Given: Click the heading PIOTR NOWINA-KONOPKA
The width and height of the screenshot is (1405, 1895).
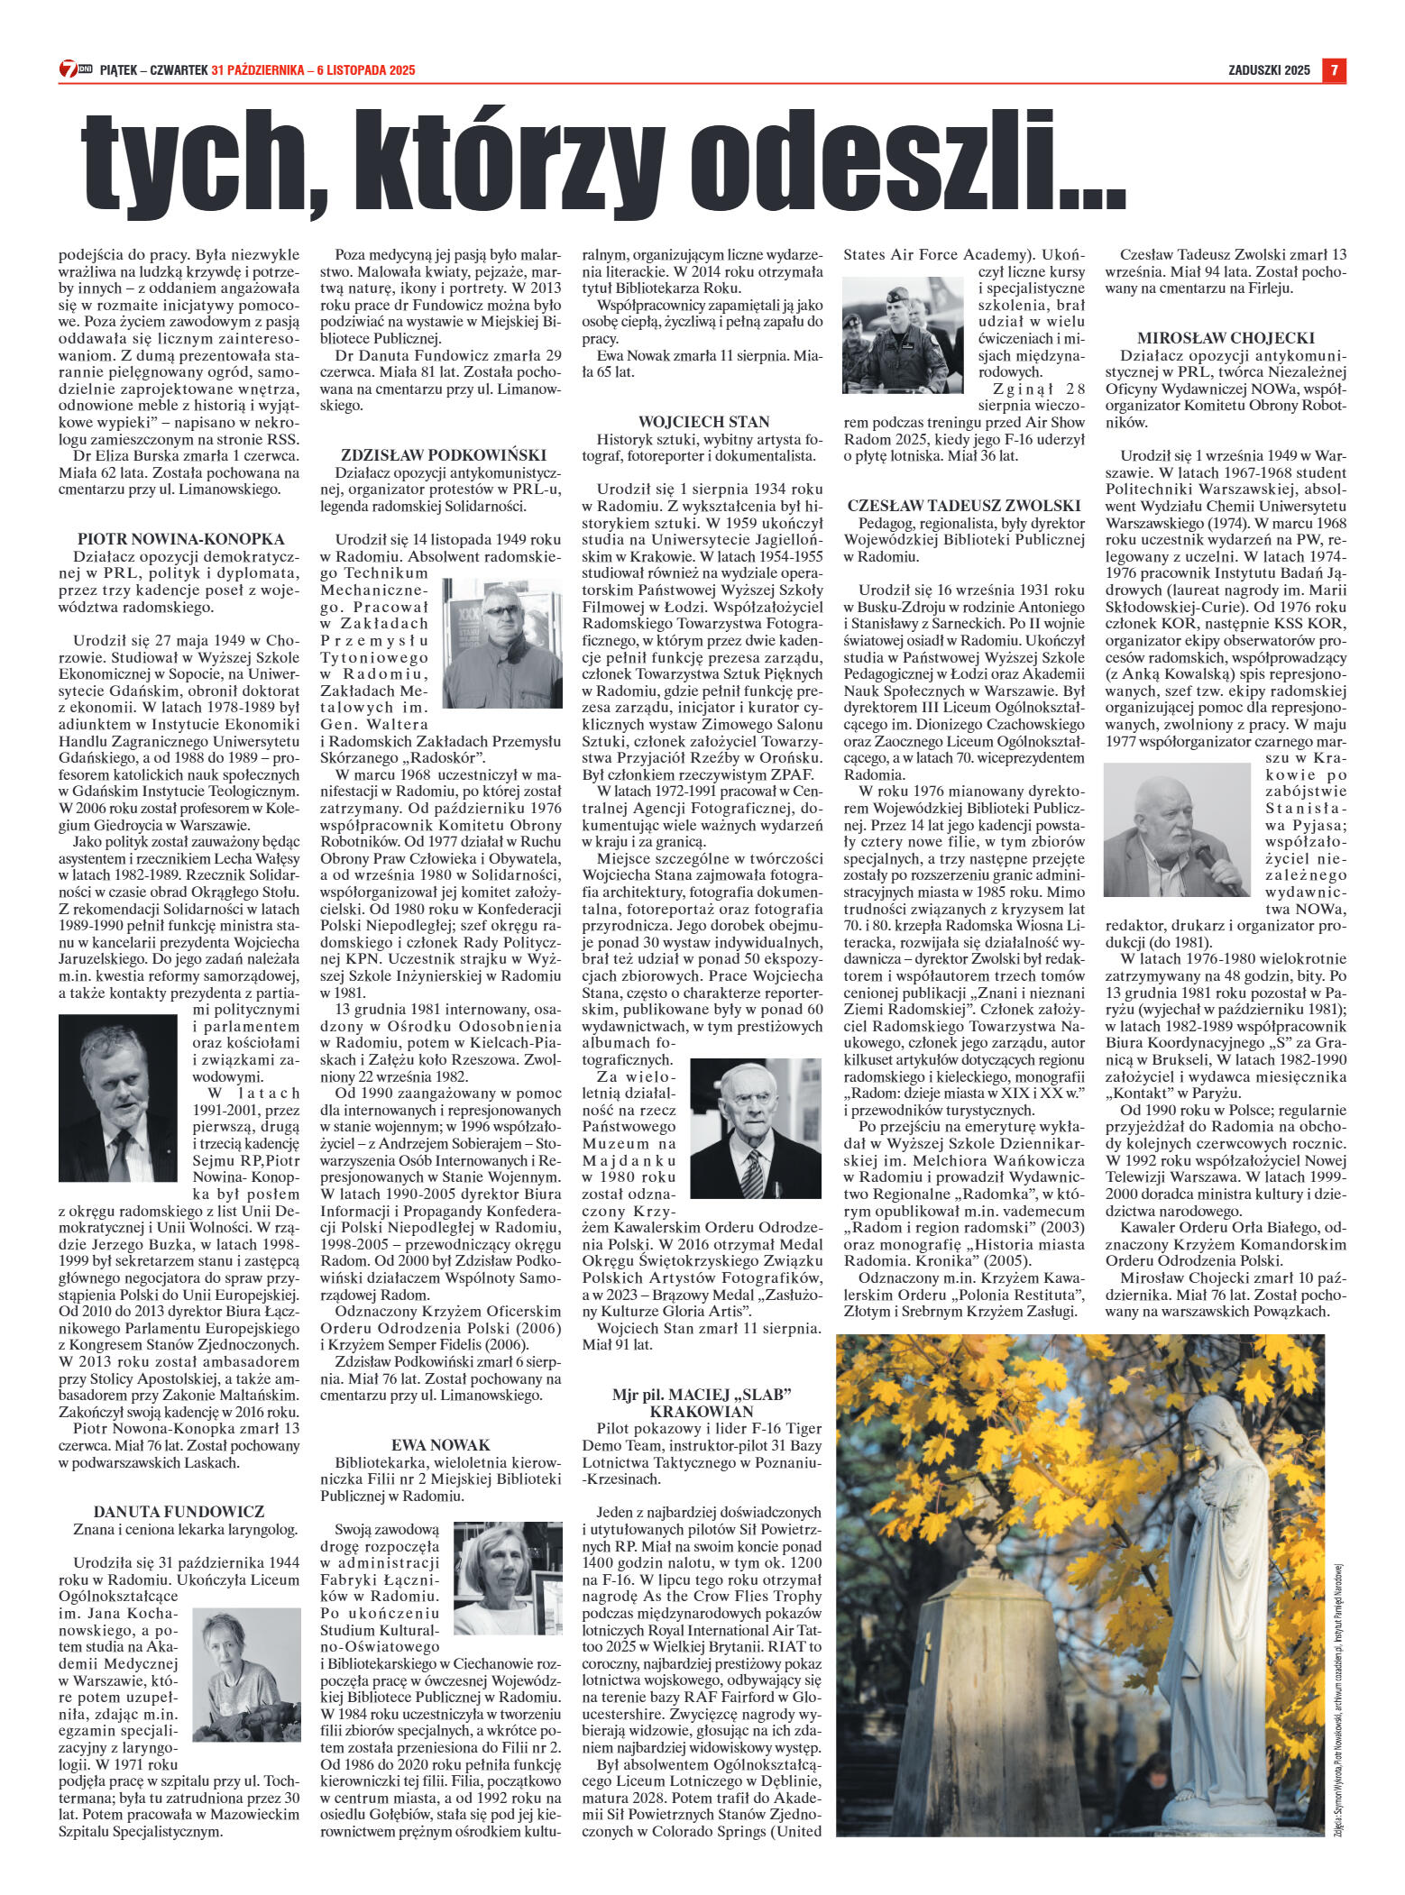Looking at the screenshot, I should (181, 539).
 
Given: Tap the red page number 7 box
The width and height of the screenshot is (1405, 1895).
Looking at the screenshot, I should (1335, 70).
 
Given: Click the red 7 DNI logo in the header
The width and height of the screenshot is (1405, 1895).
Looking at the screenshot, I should (71, 70).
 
